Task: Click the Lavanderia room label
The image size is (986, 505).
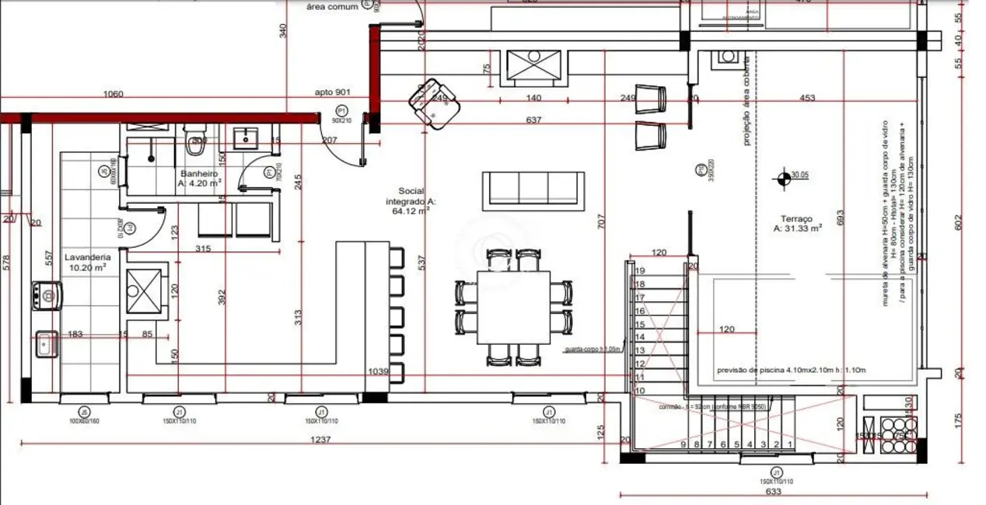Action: (x=87, y=256)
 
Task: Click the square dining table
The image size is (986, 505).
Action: (x=513, y=307)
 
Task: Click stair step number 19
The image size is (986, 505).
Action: (x=640, y=270)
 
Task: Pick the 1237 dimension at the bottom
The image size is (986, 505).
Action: (x=320, y=439)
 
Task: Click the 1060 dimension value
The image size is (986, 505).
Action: (x=114, y=94)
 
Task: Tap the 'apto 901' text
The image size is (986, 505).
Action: (x=334, y=92)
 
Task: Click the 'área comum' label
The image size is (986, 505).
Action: (x=332, y=6)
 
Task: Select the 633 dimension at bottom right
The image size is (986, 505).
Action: (x=773, y=491)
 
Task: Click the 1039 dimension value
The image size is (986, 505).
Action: (x=378, y=372)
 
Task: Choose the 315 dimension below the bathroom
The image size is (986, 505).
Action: (x=204, y=249)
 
